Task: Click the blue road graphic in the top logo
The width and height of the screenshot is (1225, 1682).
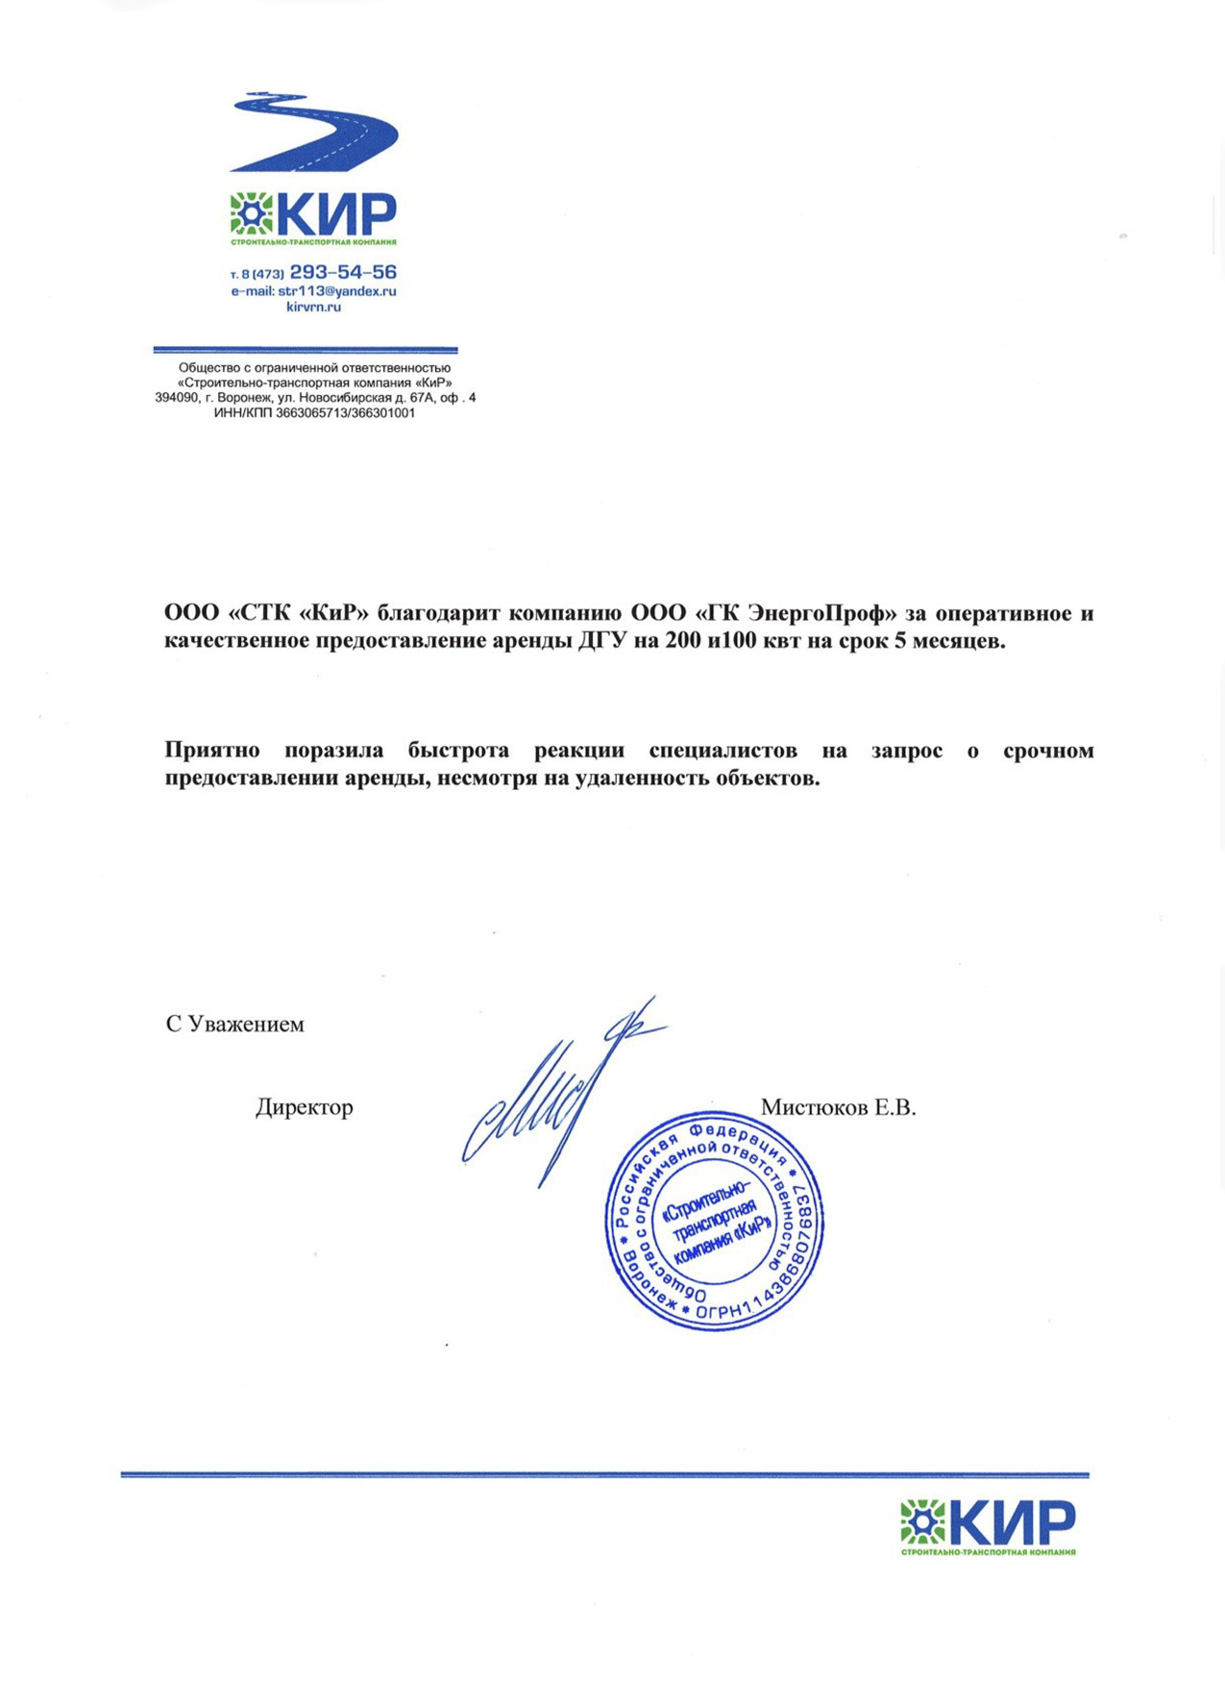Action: point(317,133)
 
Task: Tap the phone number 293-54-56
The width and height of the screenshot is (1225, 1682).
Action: point(343,273)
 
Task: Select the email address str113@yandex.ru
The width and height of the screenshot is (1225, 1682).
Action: point(336,291)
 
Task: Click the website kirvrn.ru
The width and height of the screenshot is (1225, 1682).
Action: point(313,308)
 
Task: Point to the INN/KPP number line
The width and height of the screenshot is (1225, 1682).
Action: point(314,413)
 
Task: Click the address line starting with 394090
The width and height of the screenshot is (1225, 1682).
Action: point(314,398)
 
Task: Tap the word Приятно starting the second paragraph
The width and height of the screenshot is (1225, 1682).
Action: point(211,751)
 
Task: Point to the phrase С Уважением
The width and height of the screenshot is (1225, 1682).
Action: point(234,1025)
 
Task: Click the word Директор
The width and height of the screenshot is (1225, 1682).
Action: point(304,1107)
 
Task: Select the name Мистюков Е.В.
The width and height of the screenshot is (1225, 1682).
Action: point(838,1107)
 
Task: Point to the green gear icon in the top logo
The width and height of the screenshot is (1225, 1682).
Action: point(252,213)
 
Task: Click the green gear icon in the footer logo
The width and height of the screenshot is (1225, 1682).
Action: point(922,1522)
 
